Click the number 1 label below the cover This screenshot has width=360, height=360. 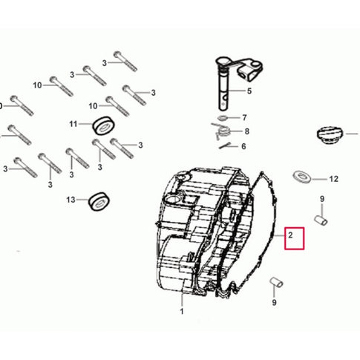pos(182,311)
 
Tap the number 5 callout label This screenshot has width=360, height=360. pos(249,91)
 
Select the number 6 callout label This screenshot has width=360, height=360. pos(243,146)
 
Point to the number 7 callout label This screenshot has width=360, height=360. pos(244,118)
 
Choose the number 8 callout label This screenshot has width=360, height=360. pos(246,131)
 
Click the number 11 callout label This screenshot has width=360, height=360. pos(73,124)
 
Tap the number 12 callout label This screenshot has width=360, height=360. pos(333,179)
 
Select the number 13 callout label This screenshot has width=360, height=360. pos(71,200)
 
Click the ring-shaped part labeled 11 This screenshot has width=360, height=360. pos(104,125)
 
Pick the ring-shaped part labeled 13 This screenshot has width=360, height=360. pos(99,201)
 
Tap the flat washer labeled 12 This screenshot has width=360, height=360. pos(302,177)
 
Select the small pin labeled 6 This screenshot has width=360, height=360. pos(225,146)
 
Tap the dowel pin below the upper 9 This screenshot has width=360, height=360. pos(321,220)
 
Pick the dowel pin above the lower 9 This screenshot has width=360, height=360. pos(276,283)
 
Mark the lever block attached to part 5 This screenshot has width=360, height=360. pos(250,70)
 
